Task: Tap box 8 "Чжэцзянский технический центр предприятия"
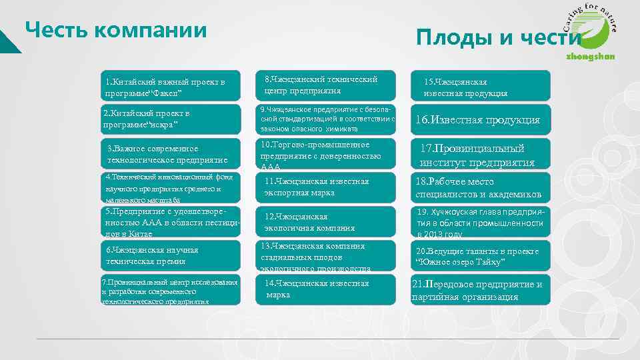pyautogui.click(x=326, y=85)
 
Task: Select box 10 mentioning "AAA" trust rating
pyautogui.click(x=326, y=155)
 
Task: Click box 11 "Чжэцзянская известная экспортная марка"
pyautogui.click(x=326, y=187)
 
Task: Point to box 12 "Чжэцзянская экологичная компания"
pyautogui.click(x=326, y=222)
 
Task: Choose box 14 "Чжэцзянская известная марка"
pyautogui.click(x=326, y=289)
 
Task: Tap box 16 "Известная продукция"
pyautogui.click(x=481, y=120)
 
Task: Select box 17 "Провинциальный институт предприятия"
pyautogui.click(x=481, y=155)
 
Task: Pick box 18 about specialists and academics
pyautogui.click(x=481, y=188)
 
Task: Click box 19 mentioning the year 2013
pyautogui.click(x=481, y=223)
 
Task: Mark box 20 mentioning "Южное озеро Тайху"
pyautogui.click(x=481, y=256)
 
